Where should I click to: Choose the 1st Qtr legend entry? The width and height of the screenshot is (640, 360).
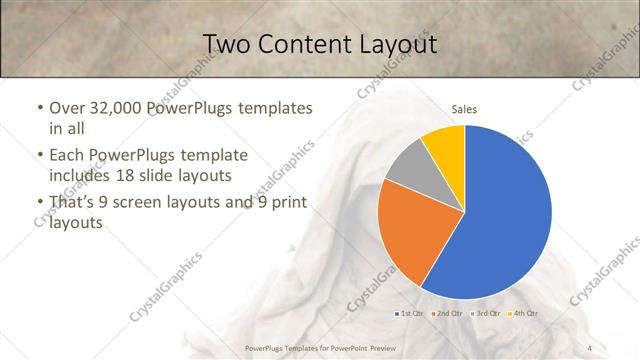point(409,315)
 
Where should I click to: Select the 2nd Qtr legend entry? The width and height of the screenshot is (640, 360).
point(447,315)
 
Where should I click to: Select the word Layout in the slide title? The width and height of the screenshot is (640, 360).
point(398,45)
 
